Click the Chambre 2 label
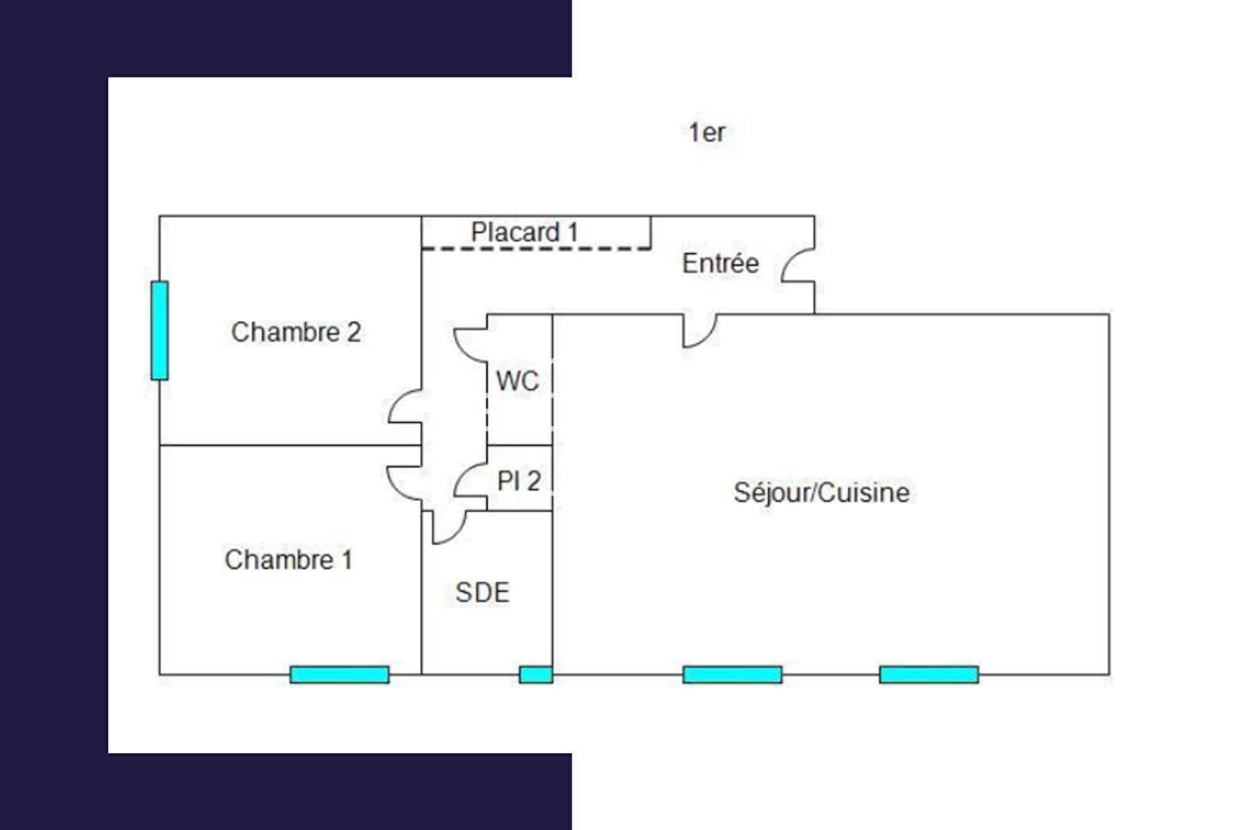(296, 332)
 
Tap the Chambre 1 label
(288, 559)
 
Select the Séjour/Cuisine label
(821, 492)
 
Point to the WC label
(517, 380)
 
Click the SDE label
(482, 593)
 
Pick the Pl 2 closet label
(519, 481)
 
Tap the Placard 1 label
(525, 232)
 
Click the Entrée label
(720, 263)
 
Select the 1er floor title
(707, 132)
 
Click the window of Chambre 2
(160, 330)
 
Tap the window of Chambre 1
(340, 675)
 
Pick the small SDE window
(535, 675)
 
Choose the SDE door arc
(450, 529)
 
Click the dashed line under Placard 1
(536, 248)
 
